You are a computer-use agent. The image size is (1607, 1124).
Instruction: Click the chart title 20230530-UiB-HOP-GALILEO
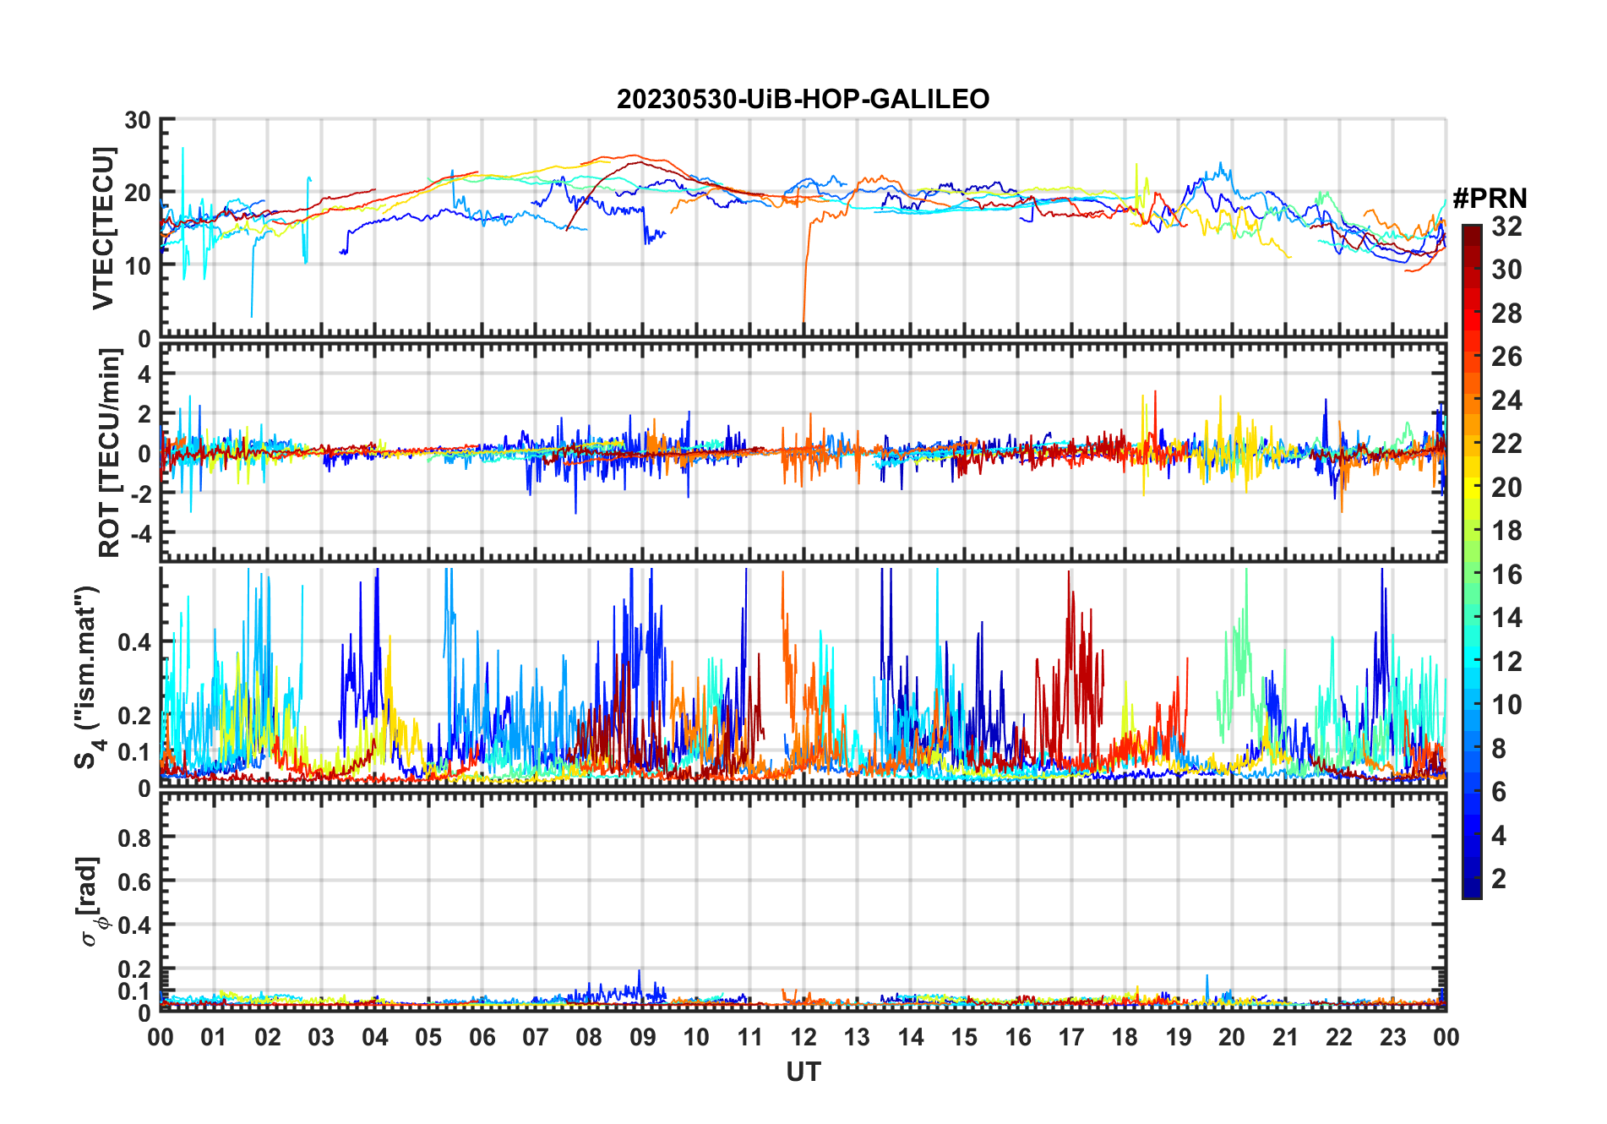pos(803,100)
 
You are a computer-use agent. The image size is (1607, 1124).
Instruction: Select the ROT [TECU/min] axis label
pos(109,453)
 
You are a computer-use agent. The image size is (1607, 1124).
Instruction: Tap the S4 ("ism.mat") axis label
pos(87,677)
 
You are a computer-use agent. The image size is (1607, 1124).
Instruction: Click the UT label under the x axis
pos(803,1072)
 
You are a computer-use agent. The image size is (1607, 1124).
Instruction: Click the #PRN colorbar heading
pos(1490,199)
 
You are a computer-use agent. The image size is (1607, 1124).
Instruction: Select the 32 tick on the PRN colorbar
pos(1506,226)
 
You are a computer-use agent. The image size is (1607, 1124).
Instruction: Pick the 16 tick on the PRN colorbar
pos(1506,575)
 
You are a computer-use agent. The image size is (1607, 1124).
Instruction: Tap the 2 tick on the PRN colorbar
pos(1499,879)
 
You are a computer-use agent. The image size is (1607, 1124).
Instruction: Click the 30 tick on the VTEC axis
pos(138,121)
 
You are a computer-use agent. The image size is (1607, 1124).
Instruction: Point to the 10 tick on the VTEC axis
pos(138,265)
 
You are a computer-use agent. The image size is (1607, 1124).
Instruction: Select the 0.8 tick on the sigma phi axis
pos(134,838)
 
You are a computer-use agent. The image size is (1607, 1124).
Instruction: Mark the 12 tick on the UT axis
pos(803,1038)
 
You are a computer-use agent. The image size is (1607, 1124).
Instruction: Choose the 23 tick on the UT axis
pos(1392,1038)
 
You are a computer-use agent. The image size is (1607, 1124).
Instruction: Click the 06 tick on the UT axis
pos(482,1038)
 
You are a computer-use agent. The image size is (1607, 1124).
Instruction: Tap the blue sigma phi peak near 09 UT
pos(640,972)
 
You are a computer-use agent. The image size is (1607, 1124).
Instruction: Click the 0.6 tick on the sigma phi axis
pos(134,881)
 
